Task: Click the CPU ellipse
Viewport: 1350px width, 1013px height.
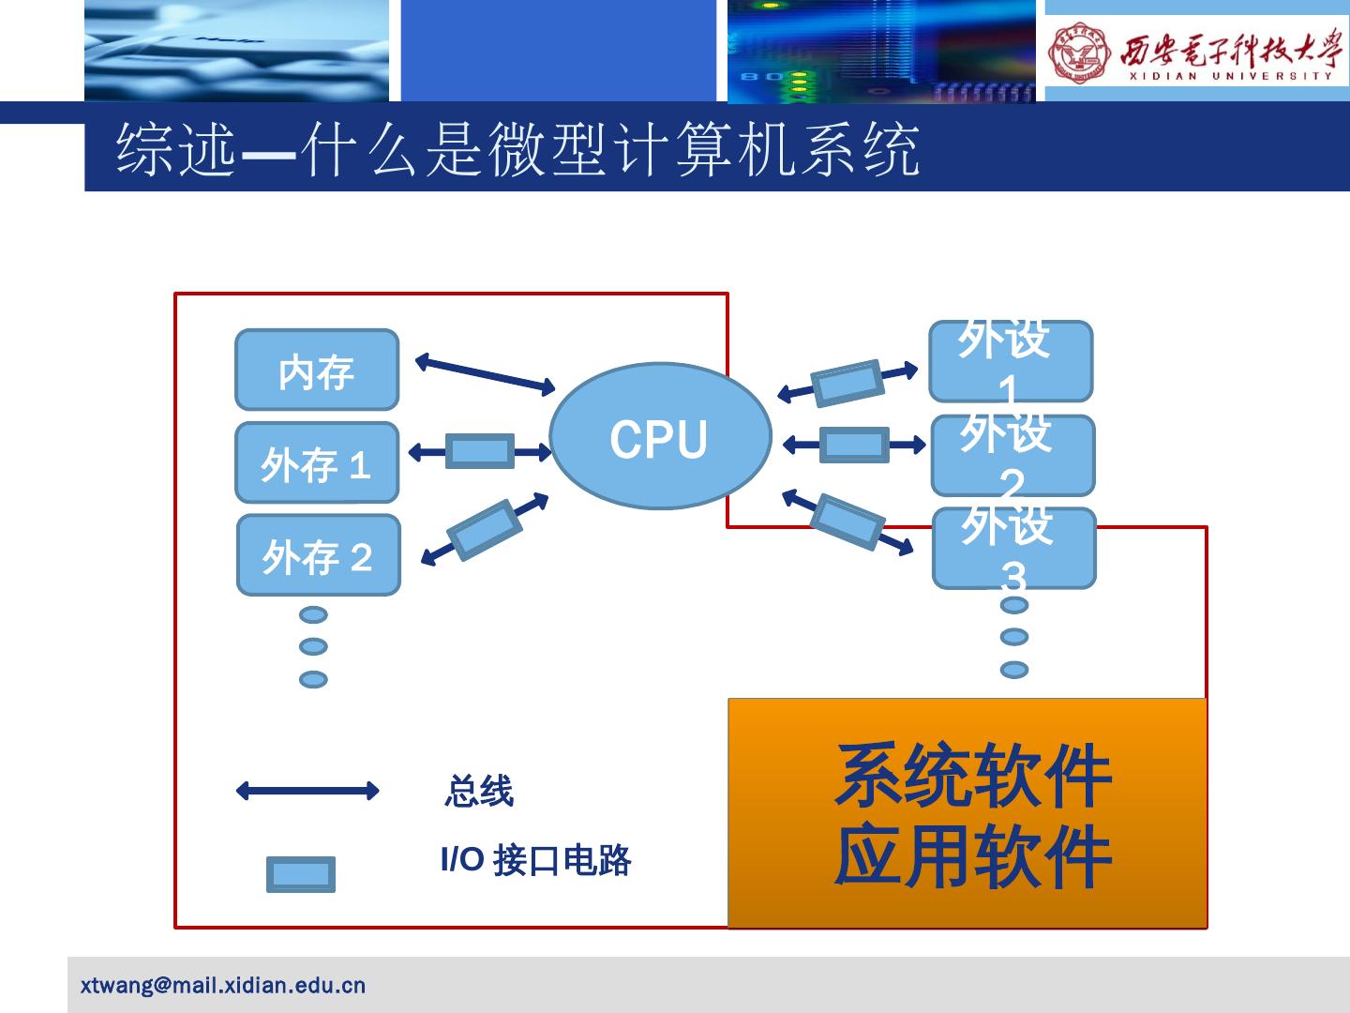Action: click(x=660, y=437)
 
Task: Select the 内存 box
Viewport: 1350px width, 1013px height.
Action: click(x=317, y=370)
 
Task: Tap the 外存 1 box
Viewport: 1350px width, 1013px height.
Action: click(x=317, y=462)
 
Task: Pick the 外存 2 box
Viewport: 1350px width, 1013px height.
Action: click(x=318, y=555)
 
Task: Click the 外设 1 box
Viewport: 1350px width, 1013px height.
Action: click(x=1010, y=361)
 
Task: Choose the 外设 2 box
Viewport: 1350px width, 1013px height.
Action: click(x=1012, y=456)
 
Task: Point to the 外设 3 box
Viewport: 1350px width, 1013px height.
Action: click(x=1013, y=549)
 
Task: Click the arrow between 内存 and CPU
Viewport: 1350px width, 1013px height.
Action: click(x=485, y=373)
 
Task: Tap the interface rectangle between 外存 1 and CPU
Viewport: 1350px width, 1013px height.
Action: click(x=479, y=451)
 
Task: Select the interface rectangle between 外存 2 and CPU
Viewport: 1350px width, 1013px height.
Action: click(x=484, y=530)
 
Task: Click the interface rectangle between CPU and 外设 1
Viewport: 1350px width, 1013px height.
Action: click(x=847, y=383)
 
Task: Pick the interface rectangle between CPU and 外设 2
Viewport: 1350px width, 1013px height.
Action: click(x=854, y=445)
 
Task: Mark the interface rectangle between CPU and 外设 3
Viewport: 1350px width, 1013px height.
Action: click(x=847, y=522)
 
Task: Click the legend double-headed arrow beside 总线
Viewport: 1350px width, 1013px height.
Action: click(x=307, y=791)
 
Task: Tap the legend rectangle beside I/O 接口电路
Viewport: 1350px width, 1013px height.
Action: click(x=301, y=874)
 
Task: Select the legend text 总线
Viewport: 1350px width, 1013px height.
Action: click(x=479, y=792)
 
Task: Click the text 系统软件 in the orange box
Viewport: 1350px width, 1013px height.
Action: click(x=972, y=776)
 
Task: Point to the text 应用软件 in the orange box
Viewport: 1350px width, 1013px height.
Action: click(x=972, y=856)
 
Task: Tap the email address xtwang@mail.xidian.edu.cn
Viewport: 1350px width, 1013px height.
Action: click(x=223, y=986)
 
